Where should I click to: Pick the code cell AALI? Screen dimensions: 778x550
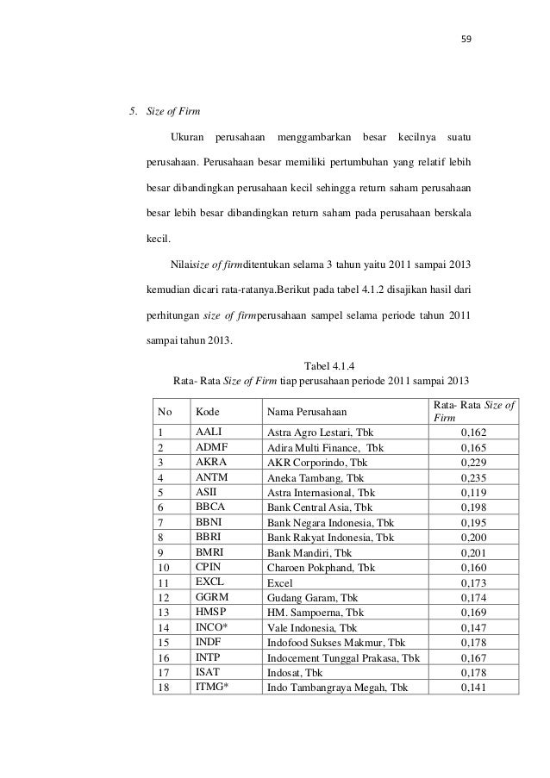click(x=207, y=432)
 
